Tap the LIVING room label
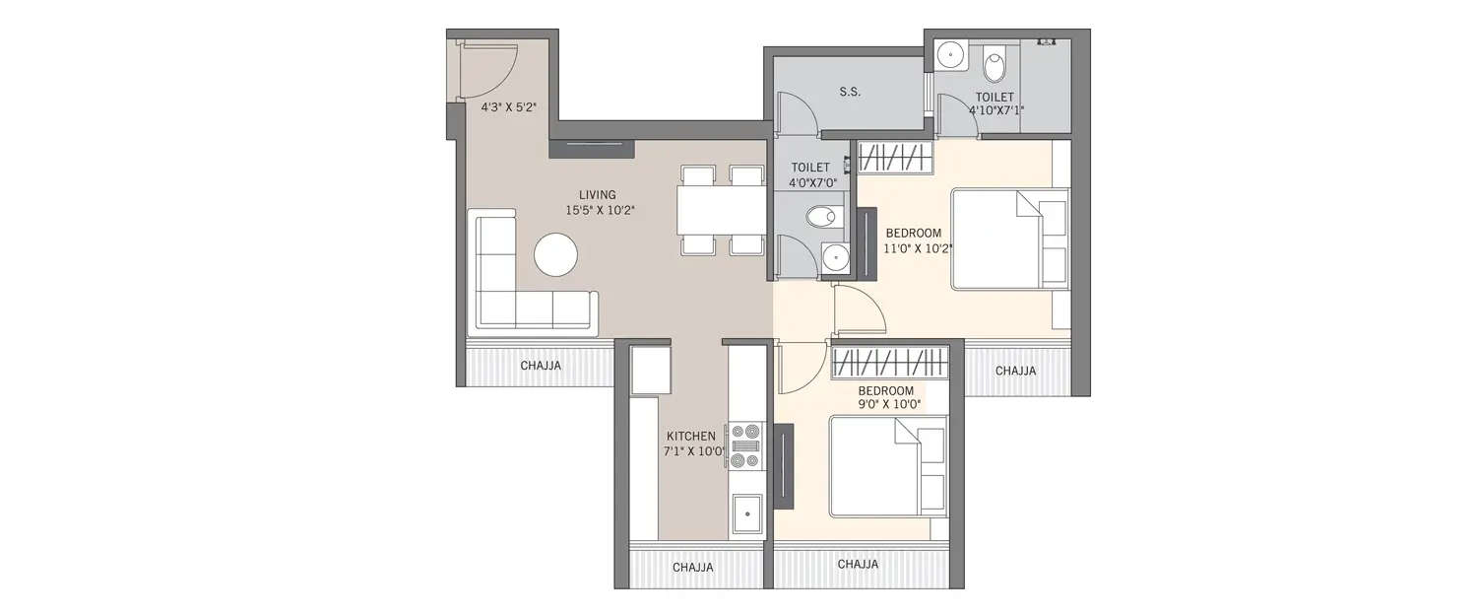tap(598, 194)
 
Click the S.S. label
tap(850, 93)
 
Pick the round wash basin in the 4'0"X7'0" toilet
tap(836, 256)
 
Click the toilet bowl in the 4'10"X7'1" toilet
tap(995, 66)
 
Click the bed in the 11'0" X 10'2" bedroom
tap(1008, 240)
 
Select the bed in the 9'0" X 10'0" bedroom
tap(886, 466)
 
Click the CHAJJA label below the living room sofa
tap(541, 366)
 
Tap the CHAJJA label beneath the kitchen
tap(693, 568)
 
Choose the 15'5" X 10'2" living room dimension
tap(600, 210)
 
